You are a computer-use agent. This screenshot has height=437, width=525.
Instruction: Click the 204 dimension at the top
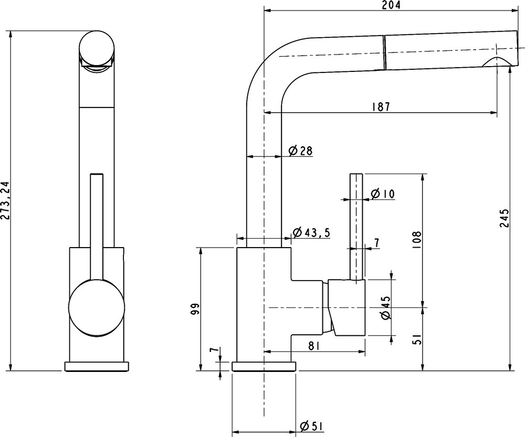[x=391, y=5]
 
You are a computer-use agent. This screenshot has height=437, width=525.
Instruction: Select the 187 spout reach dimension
[x=381, y=106]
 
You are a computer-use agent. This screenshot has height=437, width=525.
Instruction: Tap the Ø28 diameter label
[x=300, y=151]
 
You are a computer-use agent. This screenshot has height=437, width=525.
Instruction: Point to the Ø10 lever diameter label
[x=383, y=194]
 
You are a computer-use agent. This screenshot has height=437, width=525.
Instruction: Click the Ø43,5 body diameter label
[x=311, y=232]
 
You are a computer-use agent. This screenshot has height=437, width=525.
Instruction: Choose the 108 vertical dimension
[x=416, y=240]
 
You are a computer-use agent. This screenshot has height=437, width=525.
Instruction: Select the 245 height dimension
[x=504, y=218]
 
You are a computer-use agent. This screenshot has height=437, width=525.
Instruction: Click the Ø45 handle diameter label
[x=385, y=308]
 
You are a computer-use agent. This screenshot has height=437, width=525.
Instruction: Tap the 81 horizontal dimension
[x=313, y=346]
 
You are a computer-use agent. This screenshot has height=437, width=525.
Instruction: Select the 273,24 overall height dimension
[x=5, y=201]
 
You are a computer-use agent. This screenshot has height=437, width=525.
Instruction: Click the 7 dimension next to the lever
[x=376, y=242]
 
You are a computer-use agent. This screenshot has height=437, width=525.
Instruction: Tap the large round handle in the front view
[x=96, y=307]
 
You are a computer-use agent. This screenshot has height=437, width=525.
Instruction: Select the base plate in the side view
[x=264, y=366]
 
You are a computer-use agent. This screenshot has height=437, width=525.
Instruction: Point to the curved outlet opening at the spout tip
[x=496, y=61]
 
